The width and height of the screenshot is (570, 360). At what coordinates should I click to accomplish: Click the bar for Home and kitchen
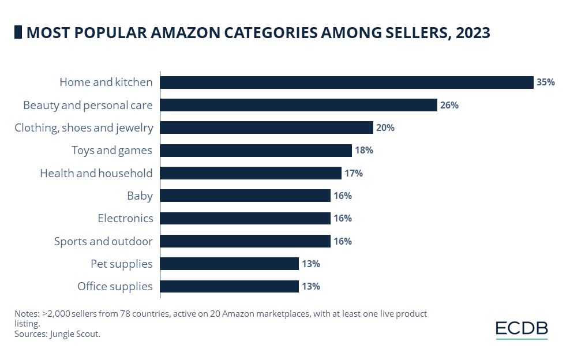point(346,82)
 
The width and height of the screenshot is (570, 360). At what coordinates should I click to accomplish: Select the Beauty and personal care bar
point(298,105)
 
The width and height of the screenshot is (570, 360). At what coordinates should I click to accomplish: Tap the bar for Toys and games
point(256,151)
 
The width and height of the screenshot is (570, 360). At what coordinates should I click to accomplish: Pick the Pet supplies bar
point(229,264)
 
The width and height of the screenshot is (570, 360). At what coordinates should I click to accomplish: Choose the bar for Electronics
point(245,218)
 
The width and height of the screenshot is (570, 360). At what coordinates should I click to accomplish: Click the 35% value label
point(545,82)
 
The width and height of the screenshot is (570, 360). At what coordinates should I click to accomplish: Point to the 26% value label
point(449,105)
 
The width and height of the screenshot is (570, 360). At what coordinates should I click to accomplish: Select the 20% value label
point(385,128)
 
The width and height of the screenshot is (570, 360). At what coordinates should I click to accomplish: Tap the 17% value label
point(353,173)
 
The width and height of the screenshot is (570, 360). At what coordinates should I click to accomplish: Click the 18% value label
point(363,151)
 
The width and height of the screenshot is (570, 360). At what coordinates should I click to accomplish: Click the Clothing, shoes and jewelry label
point(84,128)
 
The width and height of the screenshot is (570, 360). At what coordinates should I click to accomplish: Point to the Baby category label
point(140,196)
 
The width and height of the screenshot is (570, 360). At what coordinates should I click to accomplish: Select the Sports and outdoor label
point(103,241)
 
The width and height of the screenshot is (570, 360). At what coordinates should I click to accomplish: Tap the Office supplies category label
point(115,286)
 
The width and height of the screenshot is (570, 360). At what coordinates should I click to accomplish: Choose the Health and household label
point(96,173)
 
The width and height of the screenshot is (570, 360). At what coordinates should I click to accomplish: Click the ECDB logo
point(522,329)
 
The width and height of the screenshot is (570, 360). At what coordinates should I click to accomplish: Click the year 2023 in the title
point(472,33)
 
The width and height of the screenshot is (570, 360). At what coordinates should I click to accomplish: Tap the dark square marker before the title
point(18,33)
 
